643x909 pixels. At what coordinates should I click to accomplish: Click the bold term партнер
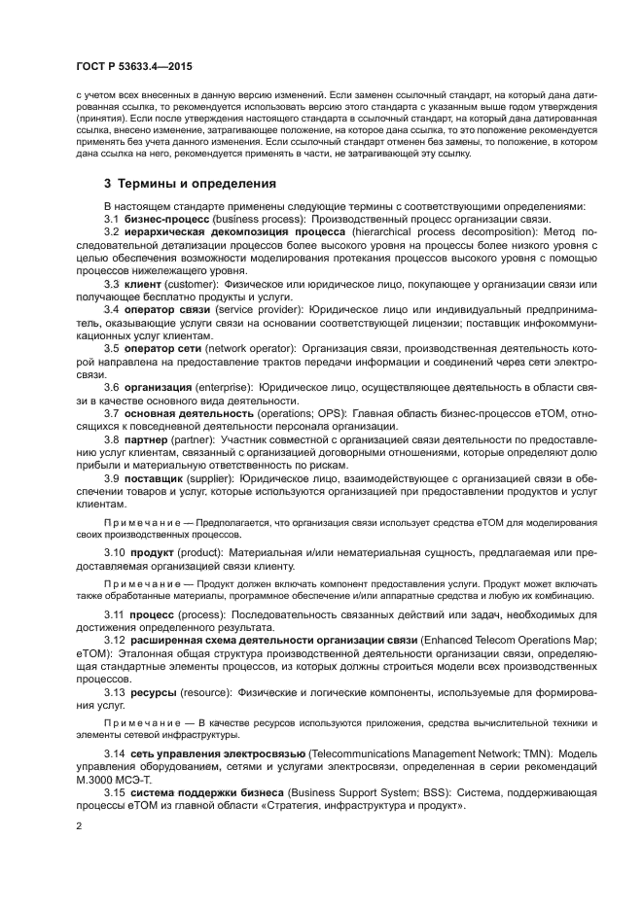click(x=148, y=438)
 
